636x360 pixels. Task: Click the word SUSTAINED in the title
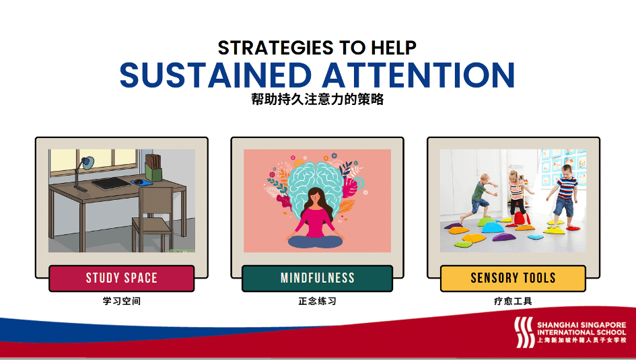coord(215,75)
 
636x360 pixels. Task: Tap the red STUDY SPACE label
coord(122,278)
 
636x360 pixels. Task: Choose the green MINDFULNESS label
coord(317,278)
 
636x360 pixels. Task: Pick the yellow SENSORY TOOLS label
coord(513,278)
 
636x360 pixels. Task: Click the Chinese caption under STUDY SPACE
coord(122,301)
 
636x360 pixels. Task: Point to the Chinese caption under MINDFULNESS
coord(317,301)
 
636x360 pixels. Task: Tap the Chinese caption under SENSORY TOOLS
coord(513,301)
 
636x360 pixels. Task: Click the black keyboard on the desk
coord(111,183)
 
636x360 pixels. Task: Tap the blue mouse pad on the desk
coord(141,182)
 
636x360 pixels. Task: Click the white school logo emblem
coord(524,332)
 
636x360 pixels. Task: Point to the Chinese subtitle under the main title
coord(317,100)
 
